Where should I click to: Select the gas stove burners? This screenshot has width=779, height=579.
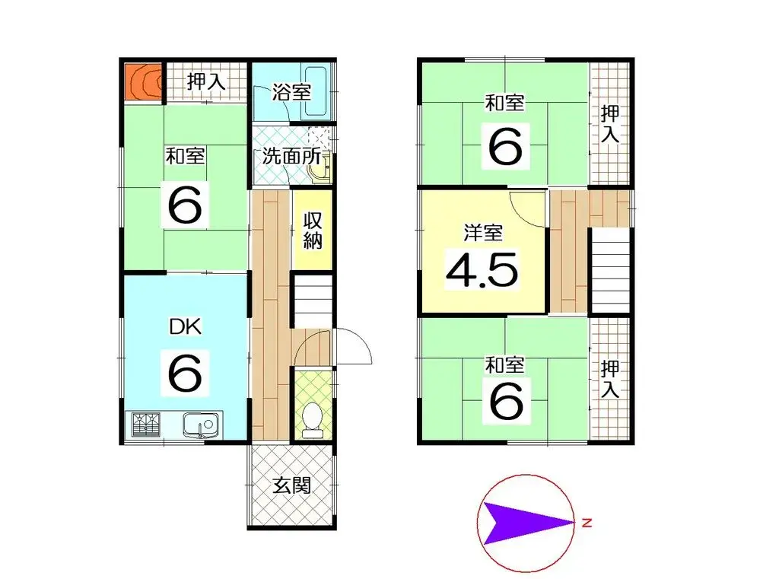coord(145,424)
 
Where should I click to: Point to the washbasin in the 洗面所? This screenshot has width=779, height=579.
coord(320,171)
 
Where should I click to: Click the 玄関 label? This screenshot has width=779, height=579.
coord(291,485)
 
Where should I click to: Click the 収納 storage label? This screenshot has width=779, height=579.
coord(313,231)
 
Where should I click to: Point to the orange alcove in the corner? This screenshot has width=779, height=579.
coord(143,81)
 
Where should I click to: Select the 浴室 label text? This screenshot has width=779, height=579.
coord(291,93)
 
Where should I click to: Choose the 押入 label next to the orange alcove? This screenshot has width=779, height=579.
coord(206,81)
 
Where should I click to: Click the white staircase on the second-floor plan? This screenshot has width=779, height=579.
coord(611,270)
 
